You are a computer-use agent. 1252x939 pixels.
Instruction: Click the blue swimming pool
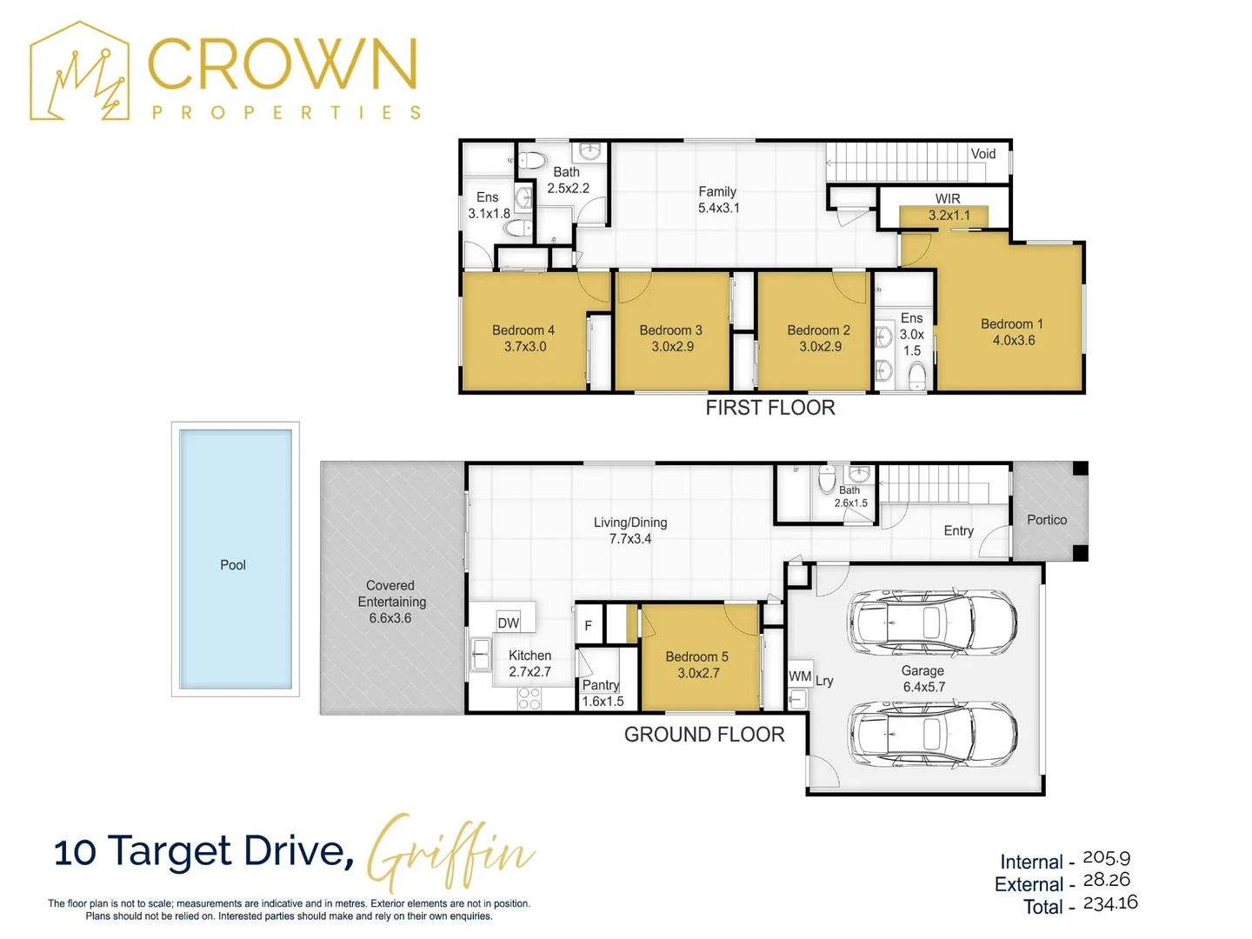tap(235, 559)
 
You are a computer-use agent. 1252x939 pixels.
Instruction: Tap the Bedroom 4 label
tap(523, 338)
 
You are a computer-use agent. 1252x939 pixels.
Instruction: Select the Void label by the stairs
tap(982, 153)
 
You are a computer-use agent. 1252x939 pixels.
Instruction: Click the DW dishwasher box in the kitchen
tap(509, 623)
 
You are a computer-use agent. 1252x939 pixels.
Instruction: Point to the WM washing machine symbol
tap(800, 676)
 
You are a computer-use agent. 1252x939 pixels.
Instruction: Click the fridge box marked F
tap(589, 625)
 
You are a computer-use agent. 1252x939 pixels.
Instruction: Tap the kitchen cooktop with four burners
tap(529, 698)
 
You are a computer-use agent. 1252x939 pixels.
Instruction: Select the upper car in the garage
tap(931, 622)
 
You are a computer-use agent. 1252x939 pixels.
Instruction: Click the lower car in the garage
tap(931, 733)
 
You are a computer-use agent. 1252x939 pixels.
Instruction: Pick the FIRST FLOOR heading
tap(770, 408)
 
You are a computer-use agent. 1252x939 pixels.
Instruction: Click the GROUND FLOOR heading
tap(704, 735)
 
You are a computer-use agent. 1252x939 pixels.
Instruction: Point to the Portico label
tap(1047, 519)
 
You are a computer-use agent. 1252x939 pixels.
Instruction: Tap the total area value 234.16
tap(1110, 902)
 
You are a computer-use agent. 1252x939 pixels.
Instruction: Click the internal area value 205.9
tap(1106, 857)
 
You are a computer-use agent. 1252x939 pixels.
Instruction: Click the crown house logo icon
tap(79, 70)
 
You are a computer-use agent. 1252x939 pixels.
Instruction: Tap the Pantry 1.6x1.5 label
tap(603, 693)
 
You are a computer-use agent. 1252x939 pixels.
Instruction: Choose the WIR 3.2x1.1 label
tap(949, 207)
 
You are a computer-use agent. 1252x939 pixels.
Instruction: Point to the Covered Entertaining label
tap(390, 602)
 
